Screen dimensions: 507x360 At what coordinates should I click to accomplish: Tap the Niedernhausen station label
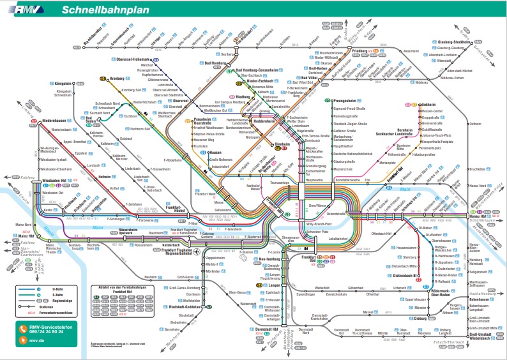[x=52, y=121]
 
